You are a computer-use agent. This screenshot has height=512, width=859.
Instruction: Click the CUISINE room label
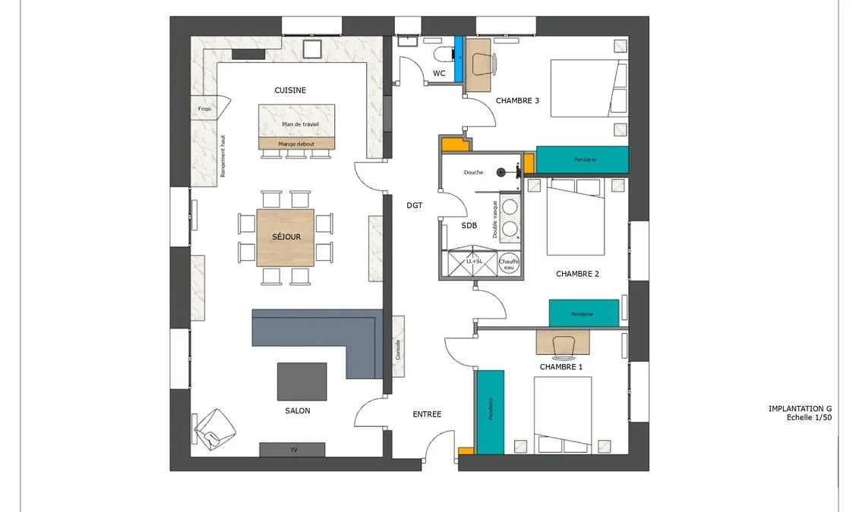pos(290,90)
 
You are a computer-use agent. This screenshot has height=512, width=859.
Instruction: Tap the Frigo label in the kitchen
pos(204,109)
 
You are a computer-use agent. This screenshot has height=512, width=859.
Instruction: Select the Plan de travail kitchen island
pos(296,121)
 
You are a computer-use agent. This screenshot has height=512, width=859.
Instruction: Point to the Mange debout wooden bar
pos(296,144)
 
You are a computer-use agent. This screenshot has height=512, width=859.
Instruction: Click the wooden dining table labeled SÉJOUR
pos(286,237)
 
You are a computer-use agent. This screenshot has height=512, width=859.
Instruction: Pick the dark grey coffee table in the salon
pos(302,382)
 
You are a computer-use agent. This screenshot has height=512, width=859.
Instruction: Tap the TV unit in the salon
pos(292,450)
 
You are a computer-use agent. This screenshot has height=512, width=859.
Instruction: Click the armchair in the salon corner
pos(215,429)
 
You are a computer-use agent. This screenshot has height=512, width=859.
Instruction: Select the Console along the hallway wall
pos(398,347)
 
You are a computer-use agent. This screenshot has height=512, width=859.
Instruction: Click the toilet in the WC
pos(444,54)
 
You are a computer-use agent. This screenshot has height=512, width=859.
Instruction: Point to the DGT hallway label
pos(415,206)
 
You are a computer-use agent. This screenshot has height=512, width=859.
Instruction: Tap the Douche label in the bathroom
pos(473,172)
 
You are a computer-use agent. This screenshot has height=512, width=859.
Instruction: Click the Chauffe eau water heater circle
pos(509,265)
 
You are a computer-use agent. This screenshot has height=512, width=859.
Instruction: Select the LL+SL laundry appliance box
pos(472,264)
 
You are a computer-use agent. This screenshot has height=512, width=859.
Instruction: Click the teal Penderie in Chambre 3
pos(582,160)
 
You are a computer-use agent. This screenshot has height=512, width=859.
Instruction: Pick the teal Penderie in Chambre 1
pos(491,412)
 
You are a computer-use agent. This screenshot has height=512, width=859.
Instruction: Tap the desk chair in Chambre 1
pos(563,346)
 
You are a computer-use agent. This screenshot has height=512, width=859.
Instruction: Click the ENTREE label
pos(427,415)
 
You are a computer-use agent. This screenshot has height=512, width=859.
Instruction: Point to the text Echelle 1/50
pos(809,417)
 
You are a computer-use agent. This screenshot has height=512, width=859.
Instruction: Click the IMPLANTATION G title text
pos(800,409)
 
